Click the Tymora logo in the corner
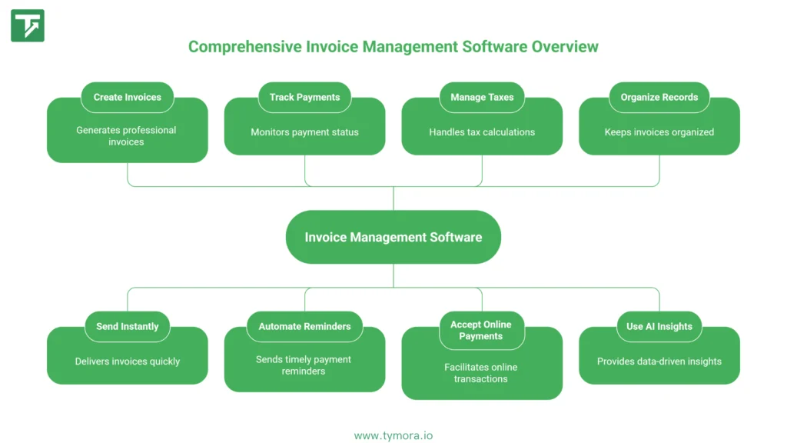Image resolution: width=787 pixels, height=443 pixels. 28,25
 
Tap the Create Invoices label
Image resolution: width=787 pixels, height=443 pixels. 128,98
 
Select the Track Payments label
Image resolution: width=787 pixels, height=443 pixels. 304,98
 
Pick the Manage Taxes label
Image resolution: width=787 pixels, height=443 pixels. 482,98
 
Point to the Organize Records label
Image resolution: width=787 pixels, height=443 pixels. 659,98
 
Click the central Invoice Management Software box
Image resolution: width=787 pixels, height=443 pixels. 393,237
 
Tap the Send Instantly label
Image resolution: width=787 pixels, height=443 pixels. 128,327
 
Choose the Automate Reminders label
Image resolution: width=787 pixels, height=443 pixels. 304,327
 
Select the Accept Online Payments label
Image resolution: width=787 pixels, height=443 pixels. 481,331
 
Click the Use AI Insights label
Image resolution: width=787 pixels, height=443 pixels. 659,327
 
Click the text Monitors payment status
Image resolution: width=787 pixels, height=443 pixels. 304,132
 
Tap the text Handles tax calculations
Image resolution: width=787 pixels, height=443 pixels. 482,132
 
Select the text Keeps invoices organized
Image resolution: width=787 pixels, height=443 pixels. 659,132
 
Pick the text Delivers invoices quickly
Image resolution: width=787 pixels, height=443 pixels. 128,361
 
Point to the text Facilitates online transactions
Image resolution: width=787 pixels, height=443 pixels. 481,373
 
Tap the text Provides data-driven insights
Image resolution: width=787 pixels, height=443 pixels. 659,361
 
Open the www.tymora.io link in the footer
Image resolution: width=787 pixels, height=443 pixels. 393,435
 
